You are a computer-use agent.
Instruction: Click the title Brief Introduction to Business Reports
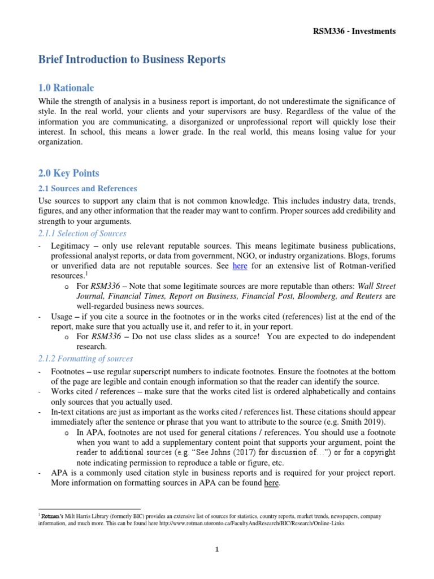132,60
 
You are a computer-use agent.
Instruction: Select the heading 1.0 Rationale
66,88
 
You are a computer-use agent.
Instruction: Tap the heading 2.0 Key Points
68,174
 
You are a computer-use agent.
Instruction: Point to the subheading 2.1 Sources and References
88,188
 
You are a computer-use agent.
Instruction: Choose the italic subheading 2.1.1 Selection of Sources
83,233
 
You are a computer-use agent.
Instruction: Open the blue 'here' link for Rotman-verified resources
240,266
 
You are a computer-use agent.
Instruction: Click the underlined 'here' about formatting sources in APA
272,483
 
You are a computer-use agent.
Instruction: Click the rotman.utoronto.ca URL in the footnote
249,524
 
